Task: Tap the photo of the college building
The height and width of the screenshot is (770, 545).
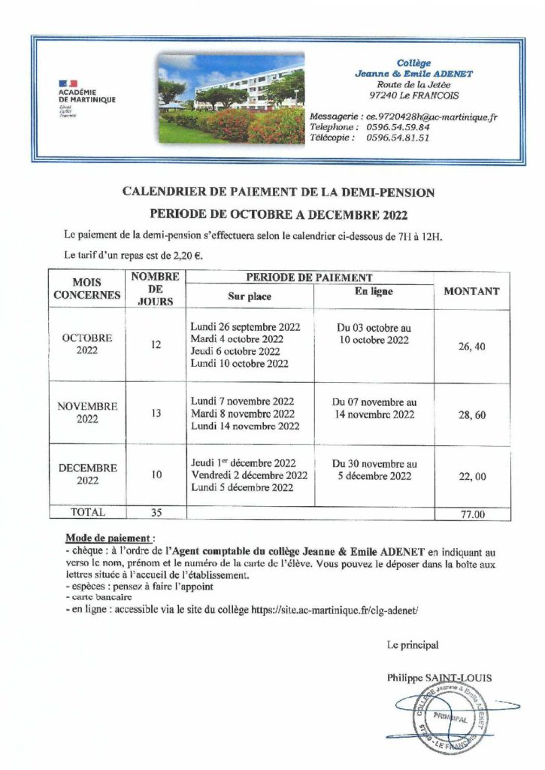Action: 231,98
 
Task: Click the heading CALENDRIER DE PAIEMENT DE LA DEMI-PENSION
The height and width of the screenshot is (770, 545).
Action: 278,192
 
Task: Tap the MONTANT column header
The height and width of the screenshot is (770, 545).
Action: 472,291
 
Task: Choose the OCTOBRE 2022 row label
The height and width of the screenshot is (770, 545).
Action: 87,344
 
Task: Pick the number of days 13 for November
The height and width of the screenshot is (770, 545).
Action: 156,413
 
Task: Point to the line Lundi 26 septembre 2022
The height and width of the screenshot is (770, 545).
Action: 245,327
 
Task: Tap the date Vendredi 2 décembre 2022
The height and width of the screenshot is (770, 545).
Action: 249,475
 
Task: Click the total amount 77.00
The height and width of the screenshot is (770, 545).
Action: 472,515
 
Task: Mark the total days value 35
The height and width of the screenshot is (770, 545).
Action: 156,513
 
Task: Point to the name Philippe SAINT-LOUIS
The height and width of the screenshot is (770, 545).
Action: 440,678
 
